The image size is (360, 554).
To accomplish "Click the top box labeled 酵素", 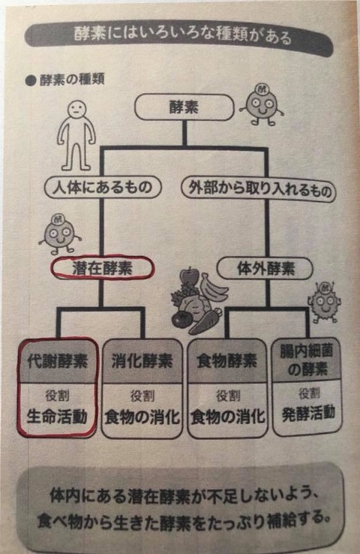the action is coord(184,107).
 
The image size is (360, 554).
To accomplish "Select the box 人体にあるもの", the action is coord(102,187).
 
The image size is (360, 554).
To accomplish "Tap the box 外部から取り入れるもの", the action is coord(259,190).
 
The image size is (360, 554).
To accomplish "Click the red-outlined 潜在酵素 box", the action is coord(103,269).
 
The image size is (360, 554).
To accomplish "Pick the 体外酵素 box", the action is coord(265,269).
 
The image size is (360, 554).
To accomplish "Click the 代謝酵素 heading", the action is coord(57,362).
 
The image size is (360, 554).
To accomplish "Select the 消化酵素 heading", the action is coord(142,362).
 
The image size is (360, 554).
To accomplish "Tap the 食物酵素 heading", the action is coord(227,362).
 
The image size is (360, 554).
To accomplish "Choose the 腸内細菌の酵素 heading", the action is coord(306,361).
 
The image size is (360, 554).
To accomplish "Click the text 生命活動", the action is coord(57,417).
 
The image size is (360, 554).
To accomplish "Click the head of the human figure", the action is coord(76,109).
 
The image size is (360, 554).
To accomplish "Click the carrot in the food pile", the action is coord(205,321).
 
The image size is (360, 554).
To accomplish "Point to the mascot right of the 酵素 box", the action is coord(262,104).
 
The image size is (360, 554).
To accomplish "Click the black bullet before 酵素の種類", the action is coord(31,81).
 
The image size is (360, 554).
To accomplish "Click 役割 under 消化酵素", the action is coord(142,396).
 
